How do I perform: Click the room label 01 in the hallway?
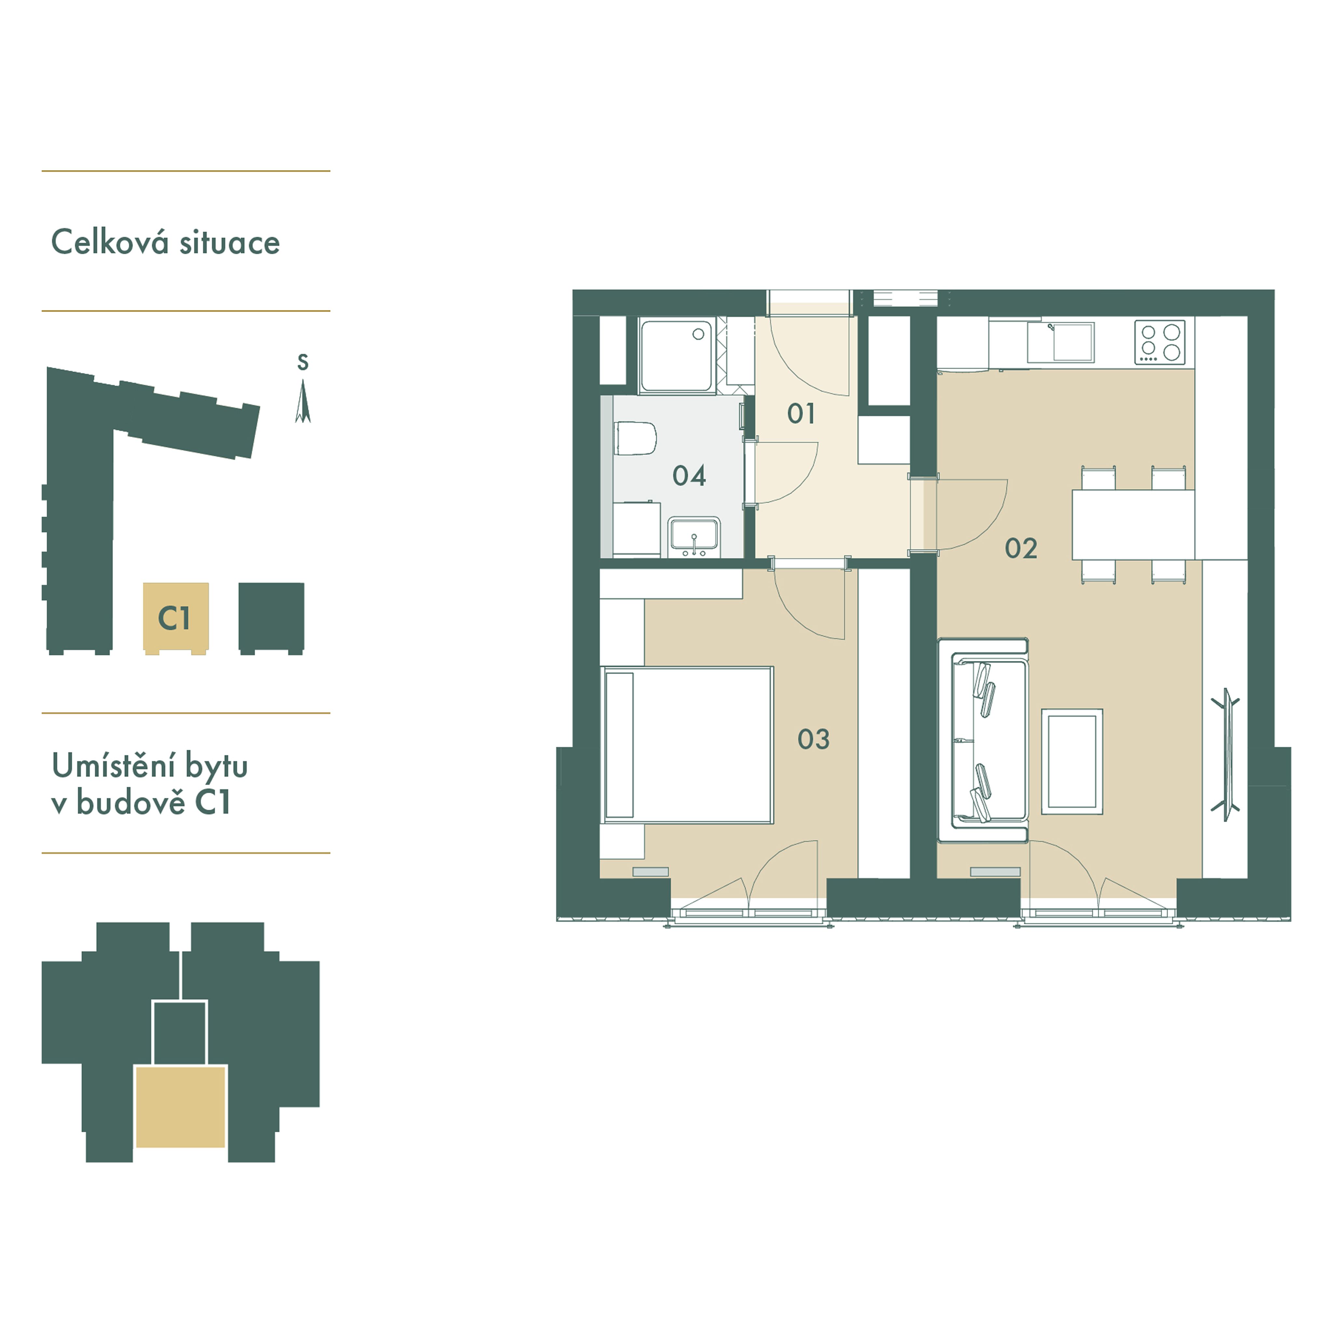tap(801, 414)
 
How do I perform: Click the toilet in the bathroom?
tap(635, 439)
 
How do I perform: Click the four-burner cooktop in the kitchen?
tap(1160, 342)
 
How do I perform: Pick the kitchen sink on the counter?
tap(1061, 342)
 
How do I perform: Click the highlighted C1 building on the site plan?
tap(175, 617)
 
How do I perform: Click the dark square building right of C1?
tap(271, 617)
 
